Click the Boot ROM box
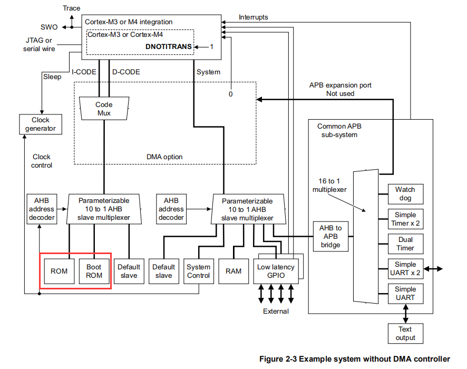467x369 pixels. [94, 271]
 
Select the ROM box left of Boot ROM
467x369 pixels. [59, 271]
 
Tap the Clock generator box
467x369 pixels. [40, 124]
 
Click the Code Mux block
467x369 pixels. [104, 109]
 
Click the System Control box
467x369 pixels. [198, 271]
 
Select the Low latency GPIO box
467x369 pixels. [275, 271]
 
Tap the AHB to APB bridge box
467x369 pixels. [330, 236]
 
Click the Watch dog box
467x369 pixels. [405, 193]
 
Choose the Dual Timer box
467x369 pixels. [405, 244]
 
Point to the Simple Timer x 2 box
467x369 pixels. [405, 219]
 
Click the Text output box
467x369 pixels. [405, 333]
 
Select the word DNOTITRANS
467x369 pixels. [168, 47]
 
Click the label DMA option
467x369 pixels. [165, 157]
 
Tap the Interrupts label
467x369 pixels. [253, 17]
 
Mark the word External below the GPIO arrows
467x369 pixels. [276, 311]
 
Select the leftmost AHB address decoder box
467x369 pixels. [41, 209]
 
